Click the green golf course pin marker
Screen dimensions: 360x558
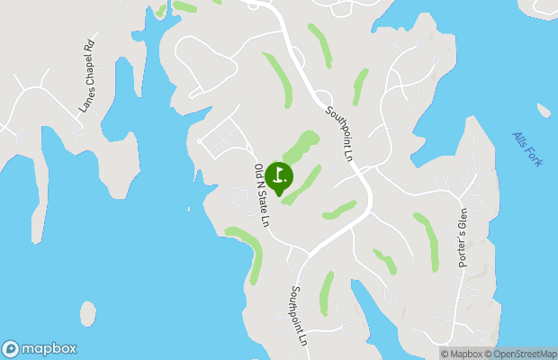point(279,176)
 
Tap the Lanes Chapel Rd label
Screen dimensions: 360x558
point(87,76)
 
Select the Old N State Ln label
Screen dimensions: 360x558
point(262,194)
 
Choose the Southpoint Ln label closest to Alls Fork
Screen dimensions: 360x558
point(338,134)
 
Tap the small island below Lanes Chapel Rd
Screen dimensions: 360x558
point(87,313)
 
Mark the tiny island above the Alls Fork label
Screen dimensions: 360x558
point(544,111)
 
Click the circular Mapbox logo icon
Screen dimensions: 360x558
point(11,349)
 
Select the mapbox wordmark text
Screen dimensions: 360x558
point(49,349)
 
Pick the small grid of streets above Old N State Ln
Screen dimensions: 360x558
point(220,135)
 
